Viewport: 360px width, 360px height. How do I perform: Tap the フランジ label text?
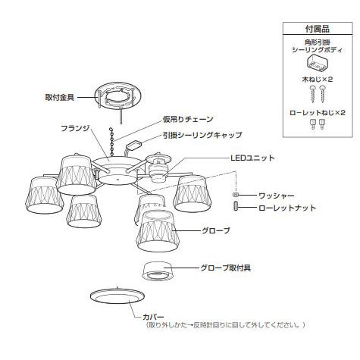pyautogui.click(x=77, y=128)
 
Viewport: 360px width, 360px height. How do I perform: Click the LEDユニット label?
pyautogui.click(x=252, y=158)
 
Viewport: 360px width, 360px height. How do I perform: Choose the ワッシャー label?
pyautogui.click(x=274, y=195)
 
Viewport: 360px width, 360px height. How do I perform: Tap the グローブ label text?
pyautogui.click(x=218, y=229)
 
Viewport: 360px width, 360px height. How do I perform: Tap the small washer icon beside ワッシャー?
pyautogui.click(x=235, y=196)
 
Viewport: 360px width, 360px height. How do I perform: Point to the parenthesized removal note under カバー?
pyautogui.click(x=225, y=325)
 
